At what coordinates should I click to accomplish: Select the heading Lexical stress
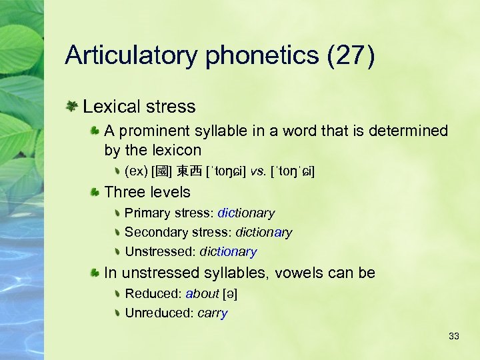pos(139,107)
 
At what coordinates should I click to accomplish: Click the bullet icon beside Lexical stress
pos(71,106)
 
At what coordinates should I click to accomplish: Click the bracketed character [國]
pos(160,172)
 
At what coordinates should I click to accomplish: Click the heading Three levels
pos(147,193)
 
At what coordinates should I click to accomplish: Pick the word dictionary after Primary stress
pos(246,213)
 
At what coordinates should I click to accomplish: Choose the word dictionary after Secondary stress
pos(264,233)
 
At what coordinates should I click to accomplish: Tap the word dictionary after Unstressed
pos(228,252)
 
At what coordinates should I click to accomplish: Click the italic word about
pos(203,293)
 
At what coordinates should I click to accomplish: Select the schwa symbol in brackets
pos(231,293)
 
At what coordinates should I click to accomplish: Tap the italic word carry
pos(213,313)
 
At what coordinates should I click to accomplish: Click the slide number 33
pos(454,336)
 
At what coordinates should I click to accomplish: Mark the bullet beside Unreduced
pos(117,313)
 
